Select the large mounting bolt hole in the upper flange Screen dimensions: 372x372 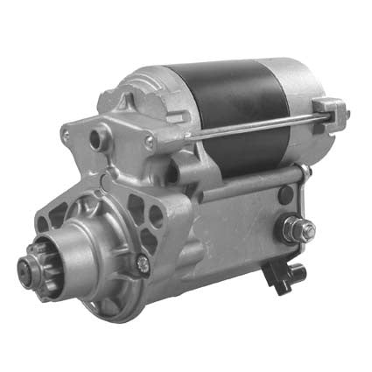click(x=98, y=138)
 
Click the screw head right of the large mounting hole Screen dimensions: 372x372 click(x=149, y=141)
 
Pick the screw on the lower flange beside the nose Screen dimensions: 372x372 click(x=143, y=260)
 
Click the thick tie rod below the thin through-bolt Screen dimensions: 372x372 click(x=254, y=184)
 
